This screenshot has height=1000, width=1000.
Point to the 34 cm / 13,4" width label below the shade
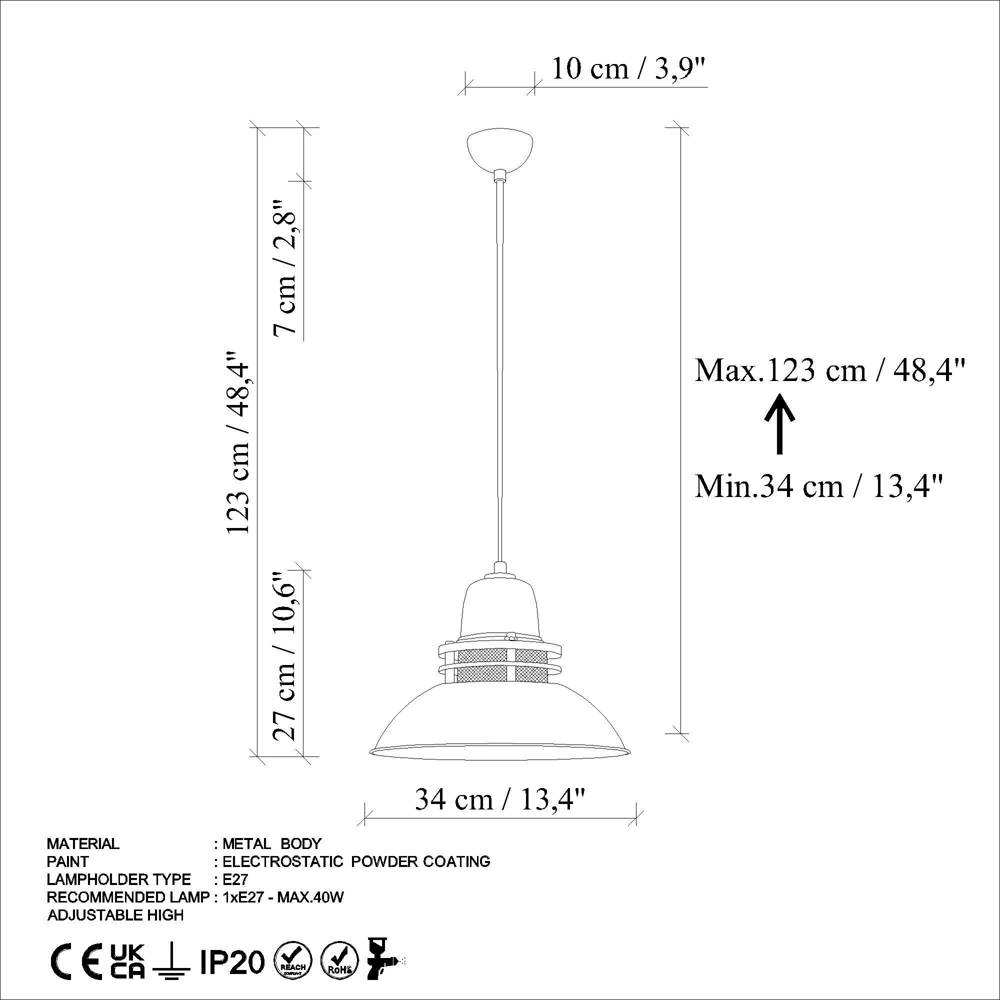point(500,799)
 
